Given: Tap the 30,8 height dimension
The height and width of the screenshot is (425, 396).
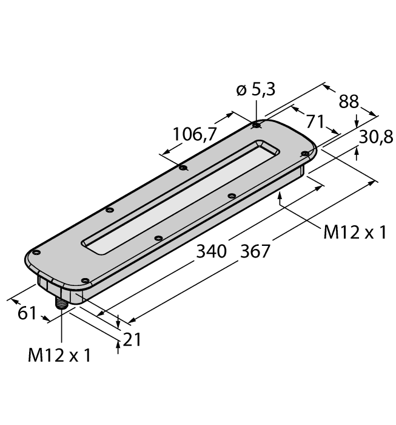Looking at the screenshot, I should [375, 138].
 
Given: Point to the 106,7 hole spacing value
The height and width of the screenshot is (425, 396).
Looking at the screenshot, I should [195, 135].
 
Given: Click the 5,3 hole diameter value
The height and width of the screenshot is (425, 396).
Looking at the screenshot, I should [263, 90].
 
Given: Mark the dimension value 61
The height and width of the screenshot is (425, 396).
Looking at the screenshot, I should [25, 314].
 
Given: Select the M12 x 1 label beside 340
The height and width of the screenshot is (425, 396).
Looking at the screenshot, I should [354, 233].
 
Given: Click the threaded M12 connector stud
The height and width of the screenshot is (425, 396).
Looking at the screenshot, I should [62, 303].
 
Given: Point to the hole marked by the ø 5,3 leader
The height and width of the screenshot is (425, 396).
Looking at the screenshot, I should [257, 126].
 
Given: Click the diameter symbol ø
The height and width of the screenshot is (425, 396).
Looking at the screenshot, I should [240, 90].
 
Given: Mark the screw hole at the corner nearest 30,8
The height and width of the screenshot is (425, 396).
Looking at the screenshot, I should [305, 154].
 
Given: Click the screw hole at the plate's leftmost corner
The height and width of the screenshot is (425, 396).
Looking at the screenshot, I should [36, 252].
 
